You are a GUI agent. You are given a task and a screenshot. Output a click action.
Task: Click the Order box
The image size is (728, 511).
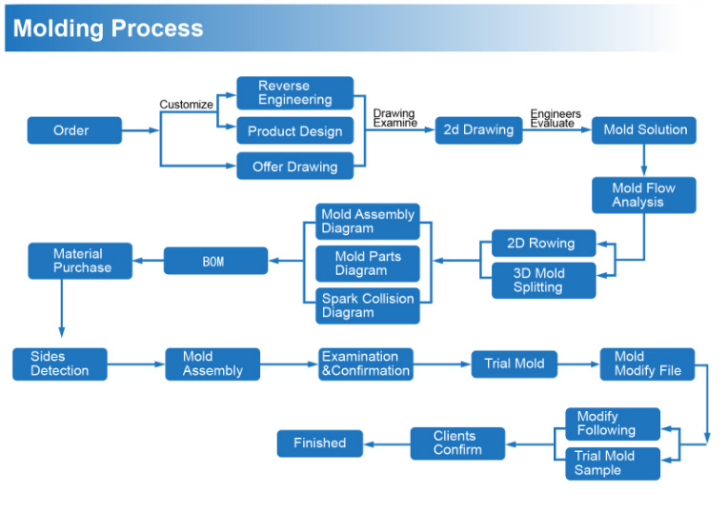point(74,130)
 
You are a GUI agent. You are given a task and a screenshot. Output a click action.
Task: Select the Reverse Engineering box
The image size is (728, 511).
point(295,92)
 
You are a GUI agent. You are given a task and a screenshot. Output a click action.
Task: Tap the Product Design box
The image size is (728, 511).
point(295,130)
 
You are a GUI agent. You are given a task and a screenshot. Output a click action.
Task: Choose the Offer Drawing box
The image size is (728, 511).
point(295,166)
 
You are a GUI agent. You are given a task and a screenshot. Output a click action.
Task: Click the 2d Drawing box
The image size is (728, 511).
point(478,129)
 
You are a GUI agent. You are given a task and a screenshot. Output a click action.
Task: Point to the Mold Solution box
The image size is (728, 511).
point(644,129)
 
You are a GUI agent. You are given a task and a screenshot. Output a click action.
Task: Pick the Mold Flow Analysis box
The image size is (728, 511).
point(644,195)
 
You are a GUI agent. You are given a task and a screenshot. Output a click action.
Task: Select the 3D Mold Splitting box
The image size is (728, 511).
point(544,281)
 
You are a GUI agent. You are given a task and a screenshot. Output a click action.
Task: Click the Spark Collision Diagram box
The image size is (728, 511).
point(368,305)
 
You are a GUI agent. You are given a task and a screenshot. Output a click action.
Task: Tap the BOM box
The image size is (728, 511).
point(216,261)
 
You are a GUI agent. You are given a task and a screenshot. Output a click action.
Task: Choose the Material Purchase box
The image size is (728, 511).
point(80,261)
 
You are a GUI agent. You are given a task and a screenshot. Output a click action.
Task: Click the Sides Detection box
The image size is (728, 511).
point(60,364)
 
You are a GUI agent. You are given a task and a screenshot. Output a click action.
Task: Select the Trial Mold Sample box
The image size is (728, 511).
point(613,463)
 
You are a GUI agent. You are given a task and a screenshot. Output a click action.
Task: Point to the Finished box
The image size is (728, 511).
point(320,443)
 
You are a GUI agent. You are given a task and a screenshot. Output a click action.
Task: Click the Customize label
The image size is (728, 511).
point(186,105)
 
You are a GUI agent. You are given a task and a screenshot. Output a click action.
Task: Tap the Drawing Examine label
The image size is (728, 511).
point(394,118)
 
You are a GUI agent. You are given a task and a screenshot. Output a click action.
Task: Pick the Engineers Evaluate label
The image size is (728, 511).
point(556,118)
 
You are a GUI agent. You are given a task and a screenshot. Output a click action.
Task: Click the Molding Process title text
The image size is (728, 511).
point(109,29)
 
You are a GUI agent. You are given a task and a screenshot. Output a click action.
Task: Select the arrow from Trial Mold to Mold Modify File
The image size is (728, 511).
point(578,364)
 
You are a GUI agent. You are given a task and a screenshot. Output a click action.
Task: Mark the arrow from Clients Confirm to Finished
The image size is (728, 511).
point(387,444)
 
